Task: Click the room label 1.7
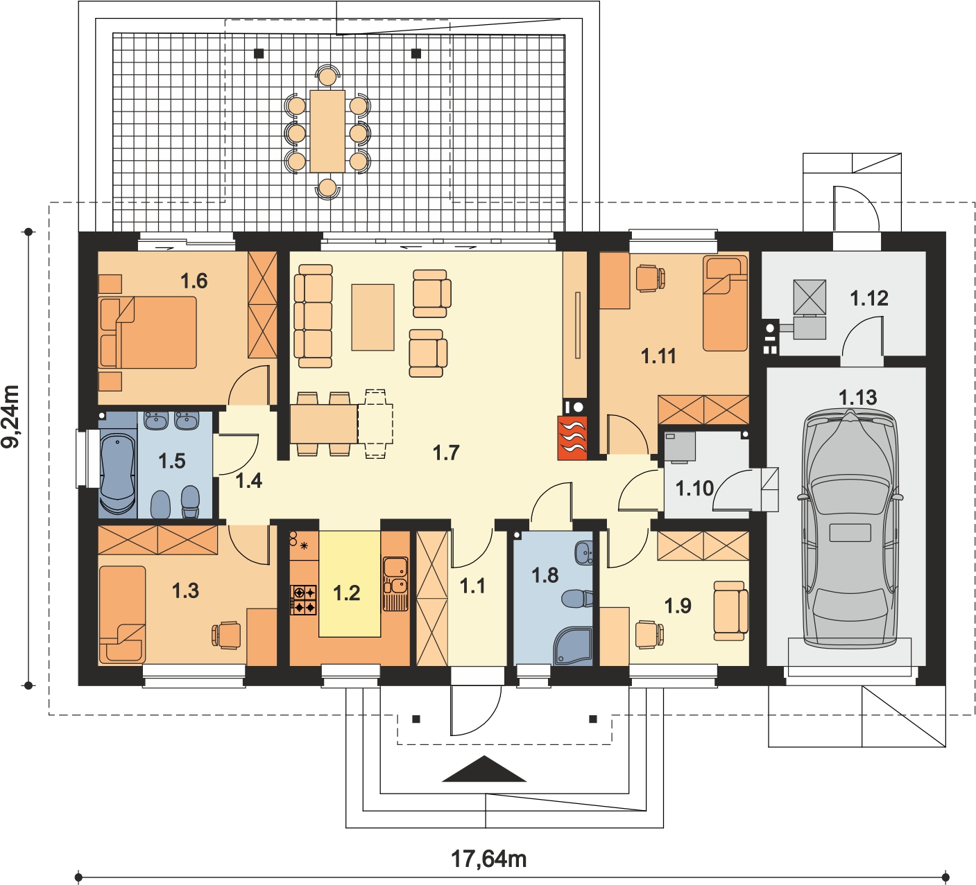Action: point(445,453)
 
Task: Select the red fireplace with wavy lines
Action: point(572,437)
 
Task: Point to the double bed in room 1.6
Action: point(148,333)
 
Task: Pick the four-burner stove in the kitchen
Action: point(304,599)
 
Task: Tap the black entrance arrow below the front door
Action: point(485,769)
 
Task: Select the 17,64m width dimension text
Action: point(488,859)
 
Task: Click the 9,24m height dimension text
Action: point(12,416)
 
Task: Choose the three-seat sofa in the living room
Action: point(314,316)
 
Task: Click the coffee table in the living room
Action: point(373,317)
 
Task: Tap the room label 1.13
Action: point(857,397)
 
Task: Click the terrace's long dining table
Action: point(327,131)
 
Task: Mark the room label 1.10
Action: point(694,488)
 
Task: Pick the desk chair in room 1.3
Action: point(226,635)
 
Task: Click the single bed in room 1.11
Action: point(725,304)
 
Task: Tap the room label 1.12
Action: point(869,298)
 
